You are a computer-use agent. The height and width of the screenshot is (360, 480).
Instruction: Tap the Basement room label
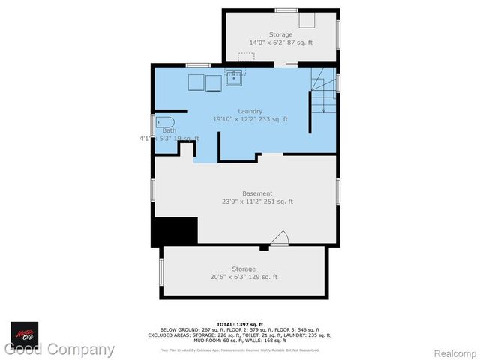257,193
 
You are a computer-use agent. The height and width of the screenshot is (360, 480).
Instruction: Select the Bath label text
169,130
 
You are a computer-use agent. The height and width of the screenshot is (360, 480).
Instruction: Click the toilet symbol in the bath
166,121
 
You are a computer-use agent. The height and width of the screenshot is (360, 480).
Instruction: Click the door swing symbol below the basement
280,238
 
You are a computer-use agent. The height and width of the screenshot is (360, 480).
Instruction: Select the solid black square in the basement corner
174,231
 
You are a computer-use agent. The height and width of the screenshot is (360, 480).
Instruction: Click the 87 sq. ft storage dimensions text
281,43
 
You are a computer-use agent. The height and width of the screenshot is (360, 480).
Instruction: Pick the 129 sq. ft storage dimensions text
244,277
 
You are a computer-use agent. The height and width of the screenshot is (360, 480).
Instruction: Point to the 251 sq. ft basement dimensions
257,202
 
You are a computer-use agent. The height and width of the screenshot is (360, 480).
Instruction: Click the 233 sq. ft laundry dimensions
250,119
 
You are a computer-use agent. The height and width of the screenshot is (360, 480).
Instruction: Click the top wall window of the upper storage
286,10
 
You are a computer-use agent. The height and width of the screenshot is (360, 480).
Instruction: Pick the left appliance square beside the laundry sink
196,82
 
